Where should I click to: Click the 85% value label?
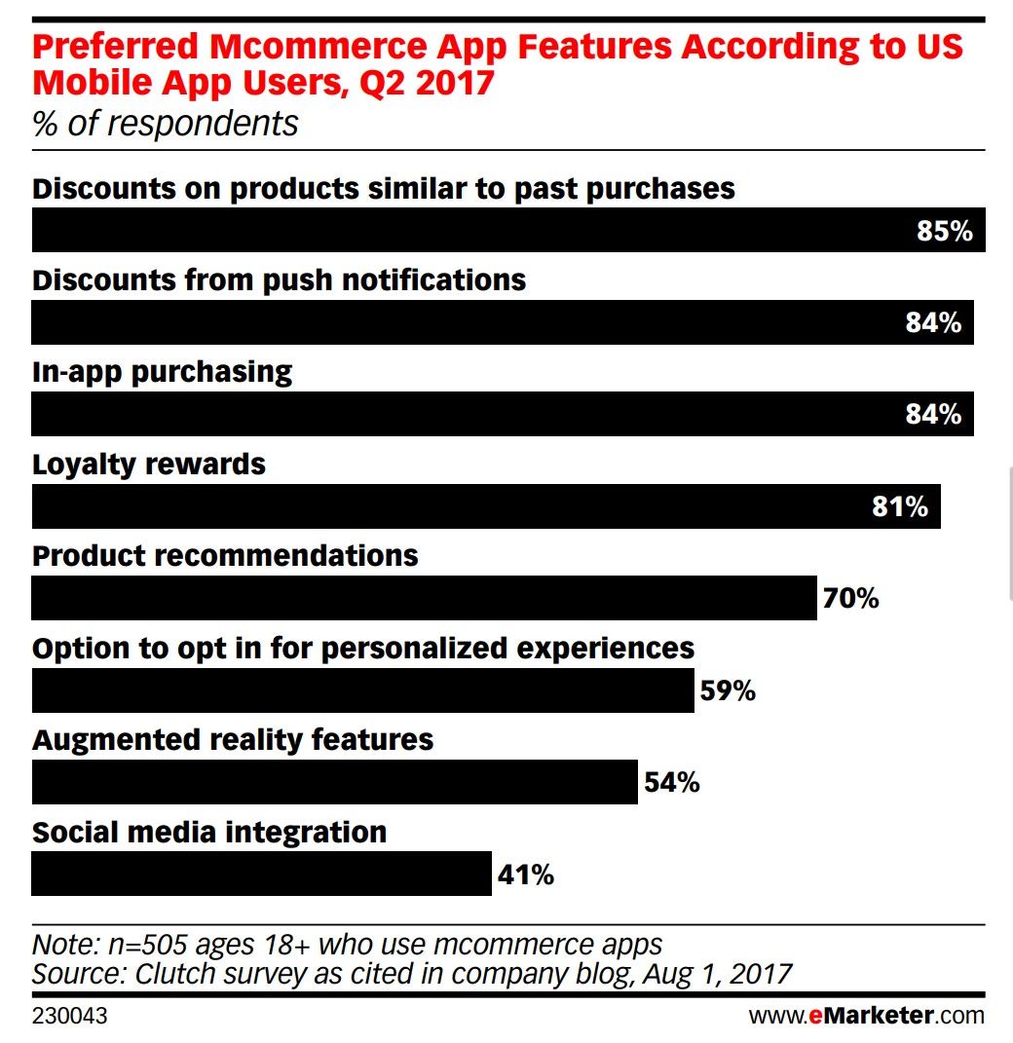tap(944, 231)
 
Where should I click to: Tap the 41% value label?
tap(526, 875)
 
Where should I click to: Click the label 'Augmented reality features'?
tap(233, 740)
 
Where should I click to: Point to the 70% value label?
tap(850, 598)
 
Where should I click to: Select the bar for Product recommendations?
tap(424, 598)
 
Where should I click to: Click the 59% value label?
tap(728, 690)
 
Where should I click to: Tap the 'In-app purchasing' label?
tap(162, 372)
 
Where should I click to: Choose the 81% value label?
tap(899, 506)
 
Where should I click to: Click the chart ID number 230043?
tap(69, 1017)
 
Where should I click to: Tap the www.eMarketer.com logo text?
tap(866, 1016)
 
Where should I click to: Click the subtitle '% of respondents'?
tap(166, 125)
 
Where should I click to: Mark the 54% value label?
tap(671, 782)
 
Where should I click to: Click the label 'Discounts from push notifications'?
tap(279, 280)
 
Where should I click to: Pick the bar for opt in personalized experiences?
tap(362, 690)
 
